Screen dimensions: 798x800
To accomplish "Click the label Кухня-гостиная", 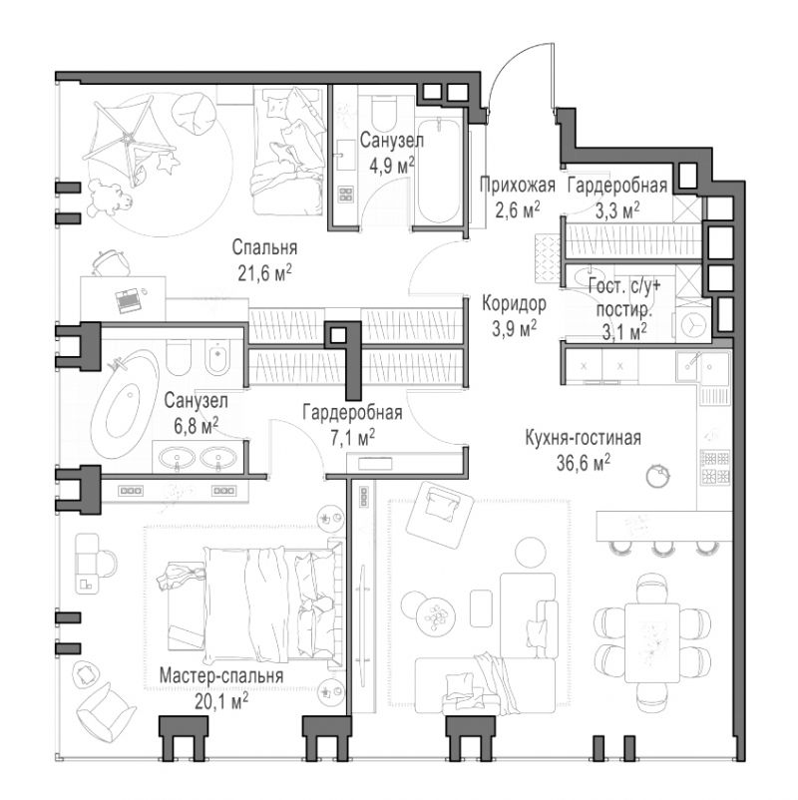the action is (x=583, y=438).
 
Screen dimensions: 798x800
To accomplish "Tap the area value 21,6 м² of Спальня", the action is (x=264, y=273).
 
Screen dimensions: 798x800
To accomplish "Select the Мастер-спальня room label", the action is (x=221, y=675).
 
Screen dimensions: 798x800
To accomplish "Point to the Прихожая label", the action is (x=518, y=185).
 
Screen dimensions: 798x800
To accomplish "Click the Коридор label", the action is (x=515, y=303).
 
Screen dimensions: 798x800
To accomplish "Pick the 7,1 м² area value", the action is (x=352, y=438).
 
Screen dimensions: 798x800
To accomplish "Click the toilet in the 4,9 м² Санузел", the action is (x=384, y=112).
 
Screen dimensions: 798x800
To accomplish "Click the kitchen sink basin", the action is (x=715, y=367).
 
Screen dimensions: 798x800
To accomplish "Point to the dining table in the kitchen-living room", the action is (x=652, y=642).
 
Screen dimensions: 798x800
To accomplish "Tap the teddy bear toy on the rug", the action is (x=109, y=197).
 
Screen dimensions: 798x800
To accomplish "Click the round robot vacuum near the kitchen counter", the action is (x=657, y=476).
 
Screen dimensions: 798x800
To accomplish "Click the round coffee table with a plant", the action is (x=435, y=617).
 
